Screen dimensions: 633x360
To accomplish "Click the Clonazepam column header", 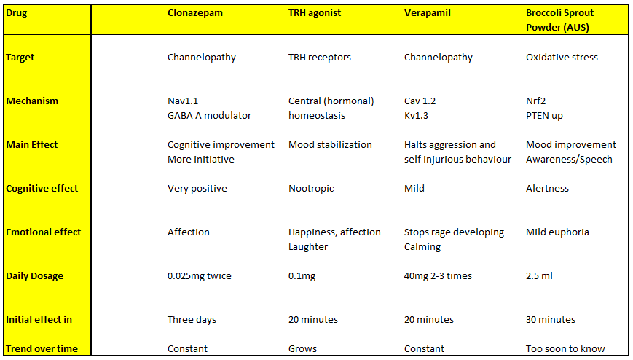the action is coord(195,13).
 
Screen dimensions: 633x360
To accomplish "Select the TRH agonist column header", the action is coord(315,13).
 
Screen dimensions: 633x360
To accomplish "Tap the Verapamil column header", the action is coord(427,13).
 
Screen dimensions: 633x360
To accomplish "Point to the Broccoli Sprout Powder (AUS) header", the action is coord(559,20).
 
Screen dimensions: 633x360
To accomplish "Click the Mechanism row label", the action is coord(32,101).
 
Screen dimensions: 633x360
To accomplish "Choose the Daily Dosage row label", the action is coord(34,276).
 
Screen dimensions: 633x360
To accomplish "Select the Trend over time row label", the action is coord(42,348).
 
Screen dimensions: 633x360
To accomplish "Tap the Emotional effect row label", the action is coord(43,232).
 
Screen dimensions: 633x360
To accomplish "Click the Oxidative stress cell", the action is coord(562,58).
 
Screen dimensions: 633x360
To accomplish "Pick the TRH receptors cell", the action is coord(319,58).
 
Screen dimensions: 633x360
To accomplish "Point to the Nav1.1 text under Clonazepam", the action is coord(183,101).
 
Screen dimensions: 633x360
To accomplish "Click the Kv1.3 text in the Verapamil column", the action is coord(416,116).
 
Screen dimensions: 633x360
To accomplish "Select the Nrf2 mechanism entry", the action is coord(535,101).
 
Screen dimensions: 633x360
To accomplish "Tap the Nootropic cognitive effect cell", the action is coord(311,189).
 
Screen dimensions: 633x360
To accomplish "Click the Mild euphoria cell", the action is coord(557,232).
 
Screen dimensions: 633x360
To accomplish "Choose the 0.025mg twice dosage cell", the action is coord(200,276).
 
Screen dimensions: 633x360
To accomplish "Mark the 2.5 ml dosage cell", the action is coord(539,276).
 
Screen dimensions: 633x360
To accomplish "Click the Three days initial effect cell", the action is coord(192,320).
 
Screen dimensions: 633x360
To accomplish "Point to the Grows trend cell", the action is coord(302,348).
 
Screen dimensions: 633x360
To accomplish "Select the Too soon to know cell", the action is coord(565,348).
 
